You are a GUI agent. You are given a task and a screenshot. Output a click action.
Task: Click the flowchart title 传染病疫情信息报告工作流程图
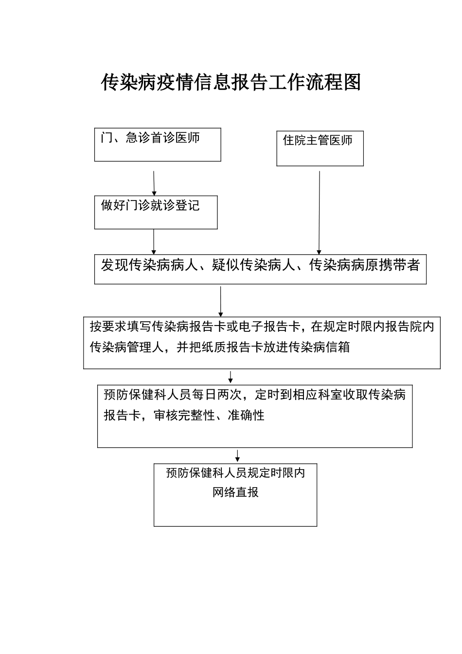(231, 83)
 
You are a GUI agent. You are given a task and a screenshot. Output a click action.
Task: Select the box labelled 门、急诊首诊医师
(158, 145)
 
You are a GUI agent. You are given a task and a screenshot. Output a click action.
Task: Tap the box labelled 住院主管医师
(320, 148)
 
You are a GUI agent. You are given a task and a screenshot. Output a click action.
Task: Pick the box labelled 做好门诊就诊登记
(156, 212)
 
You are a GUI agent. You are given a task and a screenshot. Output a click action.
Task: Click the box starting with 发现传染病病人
(260, 269)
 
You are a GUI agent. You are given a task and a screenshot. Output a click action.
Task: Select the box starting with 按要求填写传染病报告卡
(262, 344)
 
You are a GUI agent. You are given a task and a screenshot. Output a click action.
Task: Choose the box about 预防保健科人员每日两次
(255, 417)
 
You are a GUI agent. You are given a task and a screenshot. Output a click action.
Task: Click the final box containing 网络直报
(235, 495)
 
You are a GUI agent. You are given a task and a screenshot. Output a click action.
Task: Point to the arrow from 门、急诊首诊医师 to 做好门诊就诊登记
(154, 183)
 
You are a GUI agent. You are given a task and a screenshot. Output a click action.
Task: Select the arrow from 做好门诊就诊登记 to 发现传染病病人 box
(154, 241)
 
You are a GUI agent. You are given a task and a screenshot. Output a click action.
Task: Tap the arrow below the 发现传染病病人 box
(221, 301)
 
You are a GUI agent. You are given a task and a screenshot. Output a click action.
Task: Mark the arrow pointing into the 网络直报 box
(237, 455)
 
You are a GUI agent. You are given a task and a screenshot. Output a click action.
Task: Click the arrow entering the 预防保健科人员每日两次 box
(231, 377)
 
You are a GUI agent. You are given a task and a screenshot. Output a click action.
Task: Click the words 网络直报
(235, 492)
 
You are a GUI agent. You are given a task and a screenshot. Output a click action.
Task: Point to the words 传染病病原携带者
(364, 266)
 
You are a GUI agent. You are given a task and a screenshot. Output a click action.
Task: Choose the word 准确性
(246, 416)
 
